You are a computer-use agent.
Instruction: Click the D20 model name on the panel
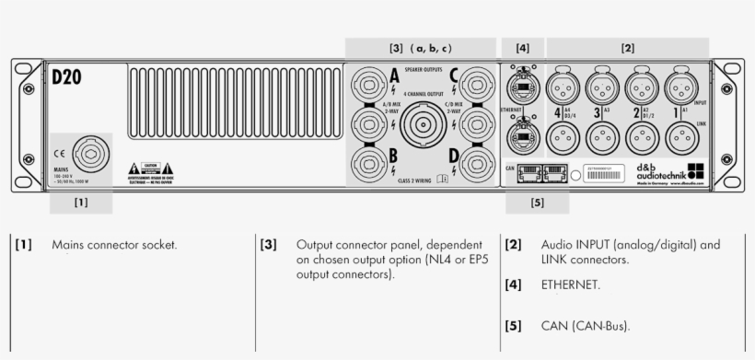coord(65,77)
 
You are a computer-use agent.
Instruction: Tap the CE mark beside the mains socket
coord(57,153)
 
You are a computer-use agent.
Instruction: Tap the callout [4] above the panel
coord(523,47)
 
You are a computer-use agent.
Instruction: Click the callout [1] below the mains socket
coord(81,202)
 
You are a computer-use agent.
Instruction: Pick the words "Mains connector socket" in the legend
coord(114,246)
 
